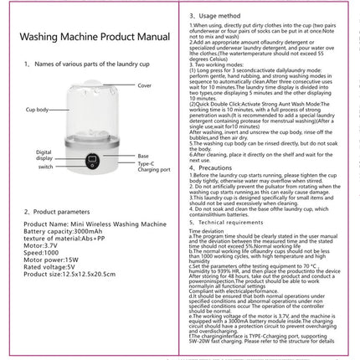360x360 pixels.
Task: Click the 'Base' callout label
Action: tap(143, 156)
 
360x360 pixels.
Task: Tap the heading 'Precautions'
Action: tap(220, 167)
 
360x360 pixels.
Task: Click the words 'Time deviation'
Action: tap(212, 233)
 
